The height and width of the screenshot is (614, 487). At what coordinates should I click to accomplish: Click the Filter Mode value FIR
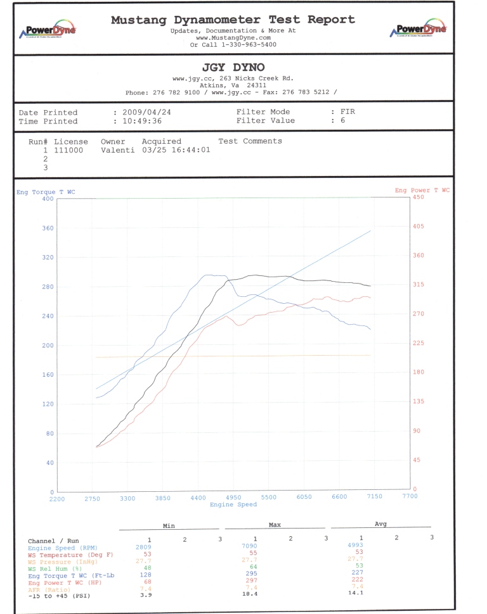pos(347,111)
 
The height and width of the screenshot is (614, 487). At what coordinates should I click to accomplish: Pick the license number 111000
pos(68,151)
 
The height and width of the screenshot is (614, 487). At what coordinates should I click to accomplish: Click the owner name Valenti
pos(115,151)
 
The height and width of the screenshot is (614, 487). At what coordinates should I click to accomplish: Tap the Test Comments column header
pos(250,141)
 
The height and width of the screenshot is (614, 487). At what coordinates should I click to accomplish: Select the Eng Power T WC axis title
pos(421,191)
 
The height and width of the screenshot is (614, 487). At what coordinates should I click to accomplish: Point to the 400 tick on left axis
pos(48,199)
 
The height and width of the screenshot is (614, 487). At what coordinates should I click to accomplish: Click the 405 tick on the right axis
pos(419,226)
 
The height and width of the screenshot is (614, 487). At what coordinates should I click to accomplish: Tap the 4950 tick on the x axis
pos(233,498)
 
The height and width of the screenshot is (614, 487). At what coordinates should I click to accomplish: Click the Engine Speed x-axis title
pos(233,504)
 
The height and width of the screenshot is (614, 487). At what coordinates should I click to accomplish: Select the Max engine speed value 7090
pos(249,546)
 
